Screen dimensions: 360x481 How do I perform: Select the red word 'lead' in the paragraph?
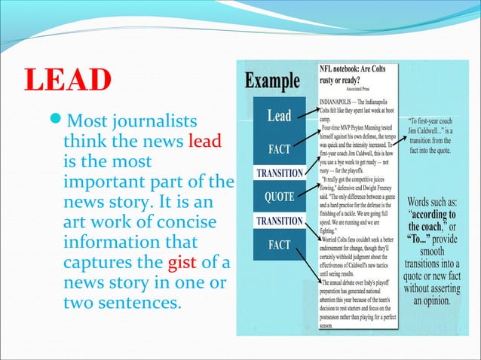(204, 142)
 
